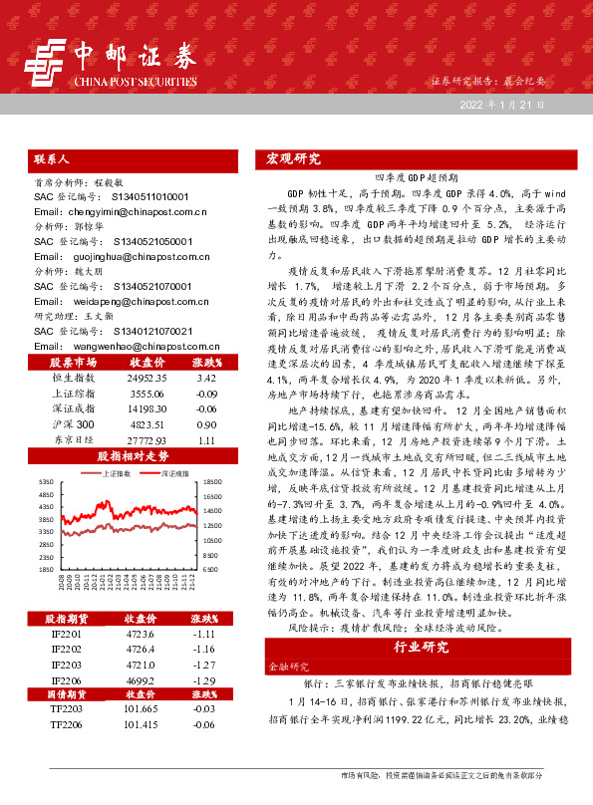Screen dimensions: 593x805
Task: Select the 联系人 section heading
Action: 52,158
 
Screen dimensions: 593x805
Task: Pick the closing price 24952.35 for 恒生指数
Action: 147,379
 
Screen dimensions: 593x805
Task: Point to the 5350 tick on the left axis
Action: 46,482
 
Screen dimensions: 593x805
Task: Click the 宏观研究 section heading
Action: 294,158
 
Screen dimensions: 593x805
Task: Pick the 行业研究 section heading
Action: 422,647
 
